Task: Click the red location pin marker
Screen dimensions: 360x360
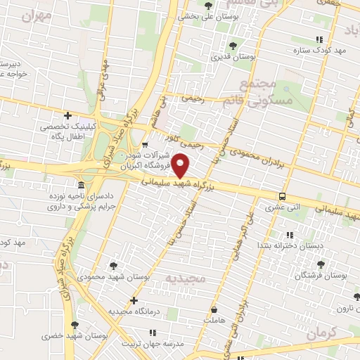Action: pos(181,166)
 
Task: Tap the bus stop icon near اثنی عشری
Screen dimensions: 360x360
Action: pos(282,196)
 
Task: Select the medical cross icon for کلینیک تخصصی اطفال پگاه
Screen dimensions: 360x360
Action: pos(67,115)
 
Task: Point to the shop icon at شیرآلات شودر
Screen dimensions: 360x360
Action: pos(145,145)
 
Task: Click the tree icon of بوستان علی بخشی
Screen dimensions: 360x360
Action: pos(207,6)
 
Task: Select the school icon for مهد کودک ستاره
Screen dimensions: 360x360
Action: pos(319,40)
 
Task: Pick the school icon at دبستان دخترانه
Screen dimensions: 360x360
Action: pos(289,235)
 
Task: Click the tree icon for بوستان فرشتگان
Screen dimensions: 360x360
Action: pos(321,264)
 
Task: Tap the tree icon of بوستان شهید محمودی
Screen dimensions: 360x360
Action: pos(113,266)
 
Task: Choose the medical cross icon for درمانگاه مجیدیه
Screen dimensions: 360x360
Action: pos(134,300)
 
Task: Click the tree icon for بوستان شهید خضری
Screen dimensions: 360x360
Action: pos(75,325)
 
